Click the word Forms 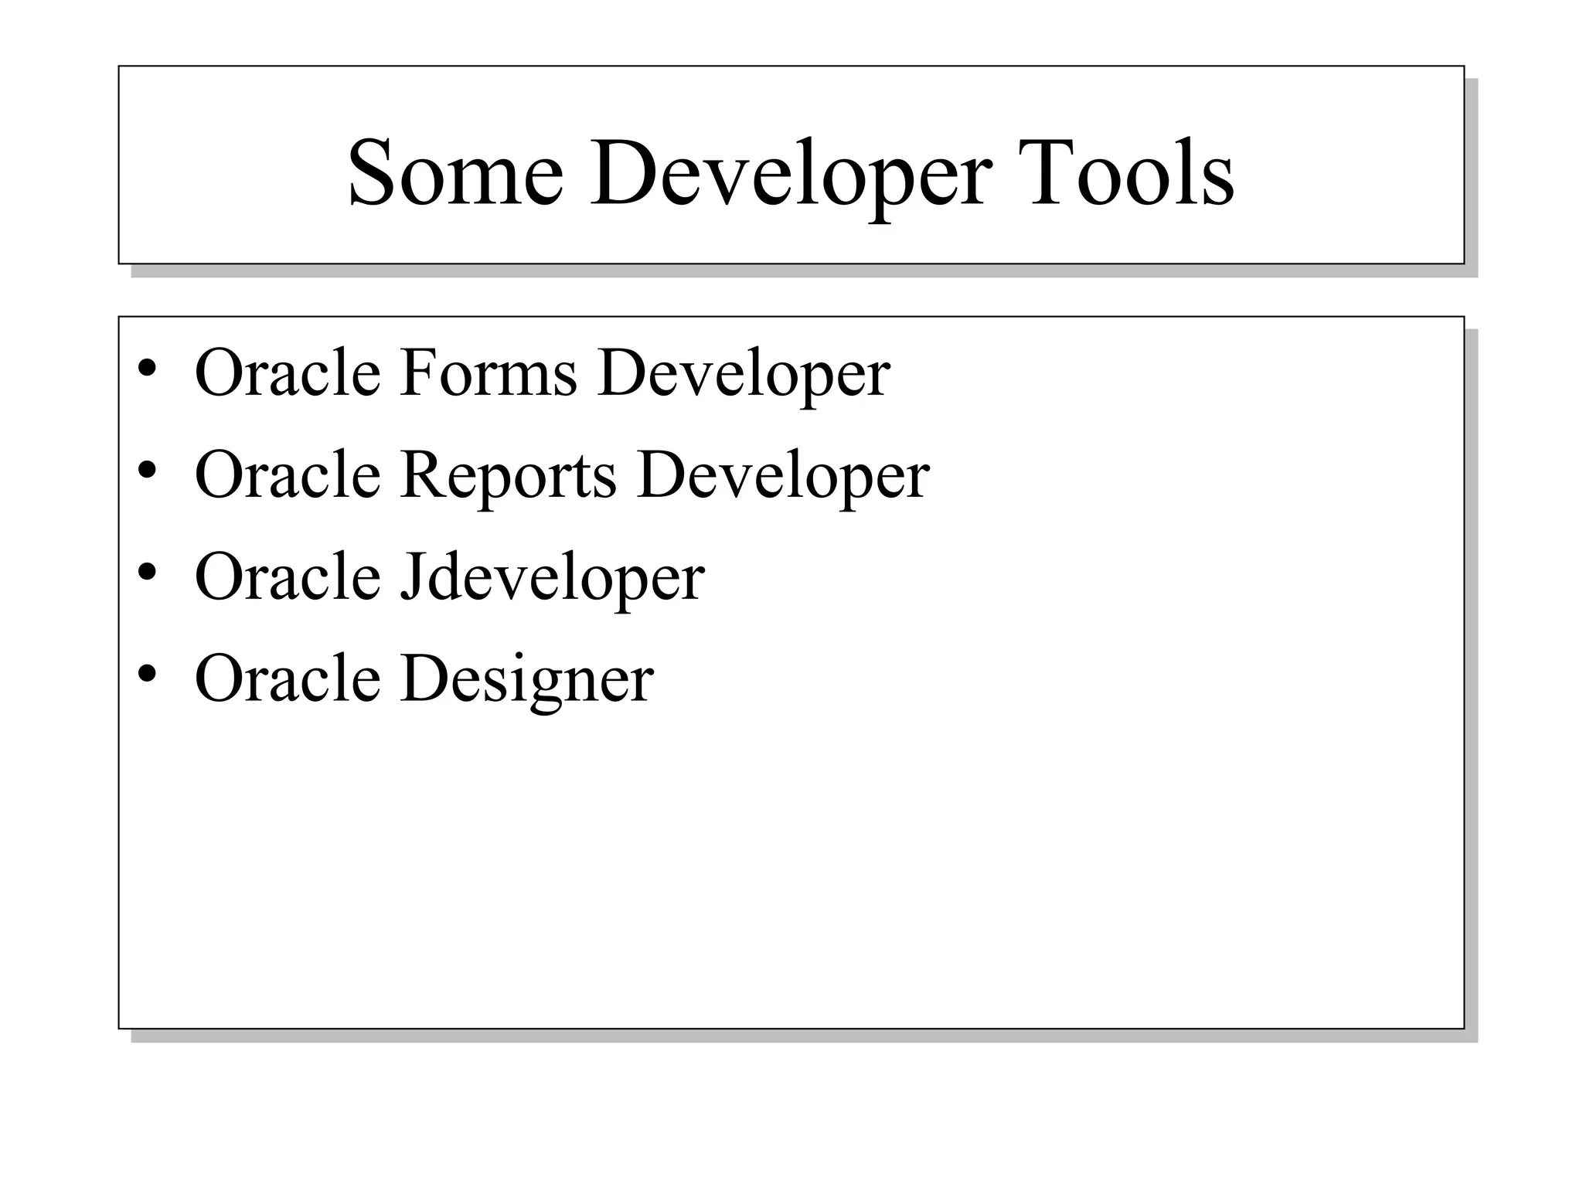tap(489, 372)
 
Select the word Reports tap(509, 474)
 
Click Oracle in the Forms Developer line tap(288, 372)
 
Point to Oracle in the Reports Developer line tap(288, 474)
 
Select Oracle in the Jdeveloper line tap(288, 576)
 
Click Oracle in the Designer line tap(288, 679)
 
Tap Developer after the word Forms tap(744, 374)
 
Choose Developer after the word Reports tap(783, 476)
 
